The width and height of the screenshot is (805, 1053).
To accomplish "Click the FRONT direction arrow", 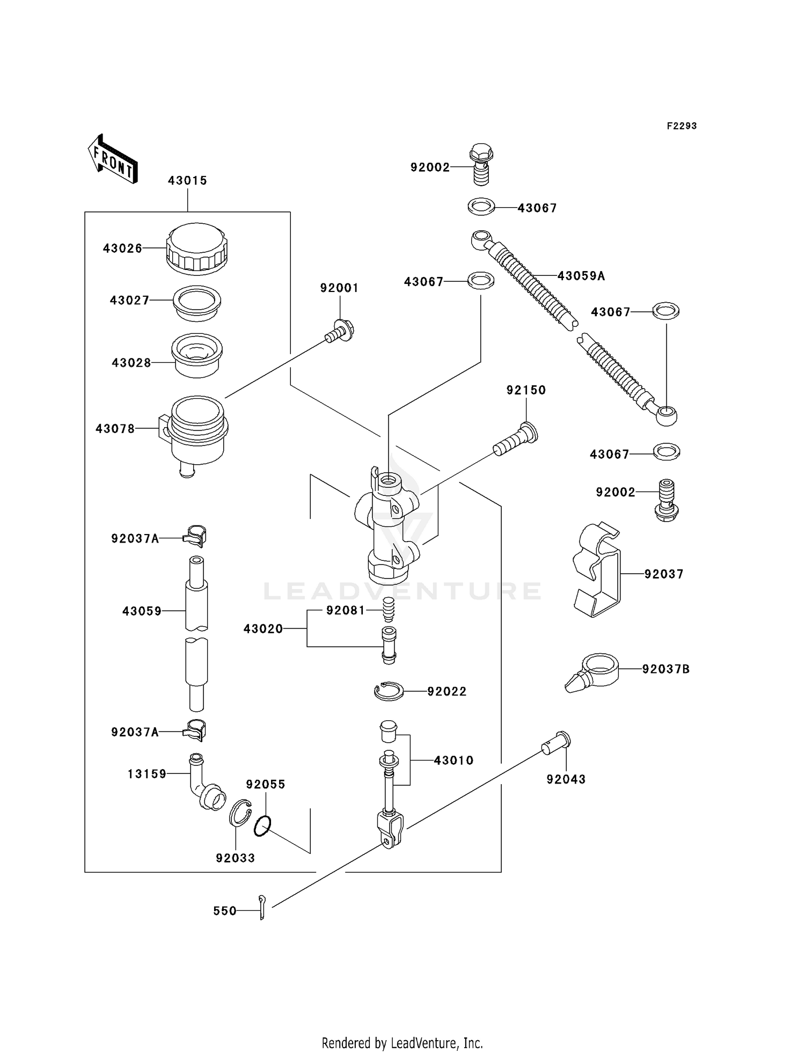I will (113, 159).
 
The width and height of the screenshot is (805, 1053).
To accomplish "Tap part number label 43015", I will (187, 181).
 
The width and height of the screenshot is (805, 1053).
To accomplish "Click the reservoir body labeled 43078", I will (196, 433).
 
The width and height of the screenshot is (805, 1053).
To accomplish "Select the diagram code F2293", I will (682, 126).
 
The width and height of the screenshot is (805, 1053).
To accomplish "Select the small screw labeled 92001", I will (340, 331).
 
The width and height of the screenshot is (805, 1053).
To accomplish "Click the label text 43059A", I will (581, 276).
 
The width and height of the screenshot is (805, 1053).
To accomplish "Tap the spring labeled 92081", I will (389, 610).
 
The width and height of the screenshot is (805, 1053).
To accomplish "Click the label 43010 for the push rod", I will (453, 760).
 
